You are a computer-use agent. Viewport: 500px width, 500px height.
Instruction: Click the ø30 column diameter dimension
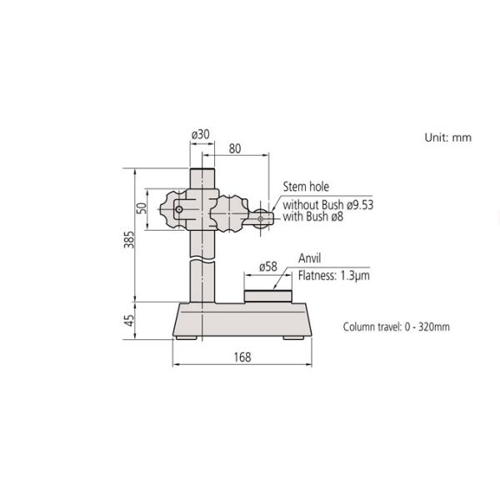coord(200,133)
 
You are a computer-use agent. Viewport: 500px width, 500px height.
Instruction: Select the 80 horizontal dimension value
coord(235,149)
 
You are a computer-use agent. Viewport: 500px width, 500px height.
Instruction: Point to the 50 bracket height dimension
coord(142,207)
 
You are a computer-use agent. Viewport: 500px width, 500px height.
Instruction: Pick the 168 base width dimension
coord(242,357)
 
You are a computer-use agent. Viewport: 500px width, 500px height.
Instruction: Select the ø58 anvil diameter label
coord(267,267)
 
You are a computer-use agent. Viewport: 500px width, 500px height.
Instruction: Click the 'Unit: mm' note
coord(448,137)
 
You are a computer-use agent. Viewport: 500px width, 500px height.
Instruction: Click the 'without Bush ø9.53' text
coord(327,205)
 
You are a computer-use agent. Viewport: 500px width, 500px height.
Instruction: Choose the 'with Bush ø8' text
coord(313,217)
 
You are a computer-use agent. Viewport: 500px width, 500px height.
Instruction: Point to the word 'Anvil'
coord(309,259)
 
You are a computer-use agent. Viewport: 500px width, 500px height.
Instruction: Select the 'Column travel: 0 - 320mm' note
coord(396,327)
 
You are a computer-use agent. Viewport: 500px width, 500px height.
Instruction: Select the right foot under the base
coord(293,337)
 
